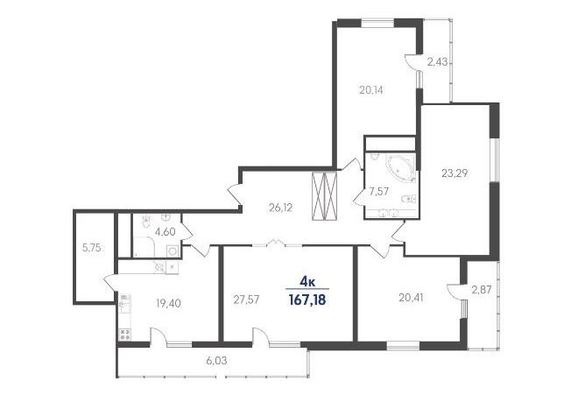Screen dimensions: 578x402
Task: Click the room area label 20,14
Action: [x=371, y=90]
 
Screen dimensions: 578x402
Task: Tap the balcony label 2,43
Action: [x=437, y=62]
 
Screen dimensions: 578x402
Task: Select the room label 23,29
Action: [x=455, y=173]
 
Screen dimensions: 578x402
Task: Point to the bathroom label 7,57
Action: [x=379, y=191]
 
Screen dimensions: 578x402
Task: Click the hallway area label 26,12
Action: [x=280, y=208]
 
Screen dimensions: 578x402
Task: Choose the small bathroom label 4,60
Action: [x=165, y=232]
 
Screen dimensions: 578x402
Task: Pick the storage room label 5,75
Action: [x=91, y=248]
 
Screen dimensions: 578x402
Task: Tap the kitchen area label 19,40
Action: [x=168, y=304]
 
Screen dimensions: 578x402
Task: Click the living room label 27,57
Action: [x=246, y=300]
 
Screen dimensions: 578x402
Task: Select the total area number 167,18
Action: [x=307, y=300]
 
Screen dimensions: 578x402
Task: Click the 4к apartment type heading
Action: [x=307, y=283]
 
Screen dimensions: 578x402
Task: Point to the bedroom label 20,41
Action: [x=411, y=297]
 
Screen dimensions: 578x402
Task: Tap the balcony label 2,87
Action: [x=482, y=290]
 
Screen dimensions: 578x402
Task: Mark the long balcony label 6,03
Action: [x=216, y=361]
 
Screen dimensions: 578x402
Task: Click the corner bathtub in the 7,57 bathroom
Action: [x=399, y=169]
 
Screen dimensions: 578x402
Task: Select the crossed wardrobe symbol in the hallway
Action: [x=324, y=196]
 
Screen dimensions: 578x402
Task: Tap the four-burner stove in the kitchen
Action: [x=125, y=335]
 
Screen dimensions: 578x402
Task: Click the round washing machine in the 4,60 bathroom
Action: [x=173, y=250]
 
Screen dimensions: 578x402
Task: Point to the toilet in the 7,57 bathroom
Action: [x=408, y=199]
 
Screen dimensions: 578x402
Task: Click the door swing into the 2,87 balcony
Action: [x=455, y=289]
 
